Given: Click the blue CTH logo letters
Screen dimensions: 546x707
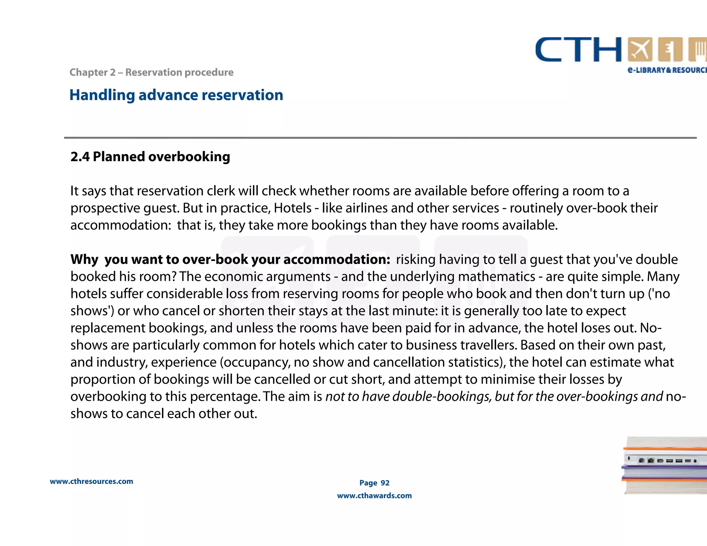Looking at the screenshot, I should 578,50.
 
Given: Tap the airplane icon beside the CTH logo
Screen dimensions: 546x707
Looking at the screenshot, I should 640,50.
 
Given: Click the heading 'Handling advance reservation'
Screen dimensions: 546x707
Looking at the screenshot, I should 176,95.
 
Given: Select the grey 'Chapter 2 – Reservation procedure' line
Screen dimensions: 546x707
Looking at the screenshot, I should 151,72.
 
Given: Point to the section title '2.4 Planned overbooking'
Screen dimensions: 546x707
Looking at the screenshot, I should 150,157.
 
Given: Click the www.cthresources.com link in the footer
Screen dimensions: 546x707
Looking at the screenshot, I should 91,481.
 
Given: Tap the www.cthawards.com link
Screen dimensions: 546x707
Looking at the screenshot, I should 374,496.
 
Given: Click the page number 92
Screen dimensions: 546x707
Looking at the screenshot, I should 385,483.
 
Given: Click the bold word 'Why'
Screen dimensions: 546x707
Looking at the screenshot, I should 84,260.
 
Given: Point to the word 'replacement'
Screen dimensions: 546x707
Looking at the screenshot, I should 107,328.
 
